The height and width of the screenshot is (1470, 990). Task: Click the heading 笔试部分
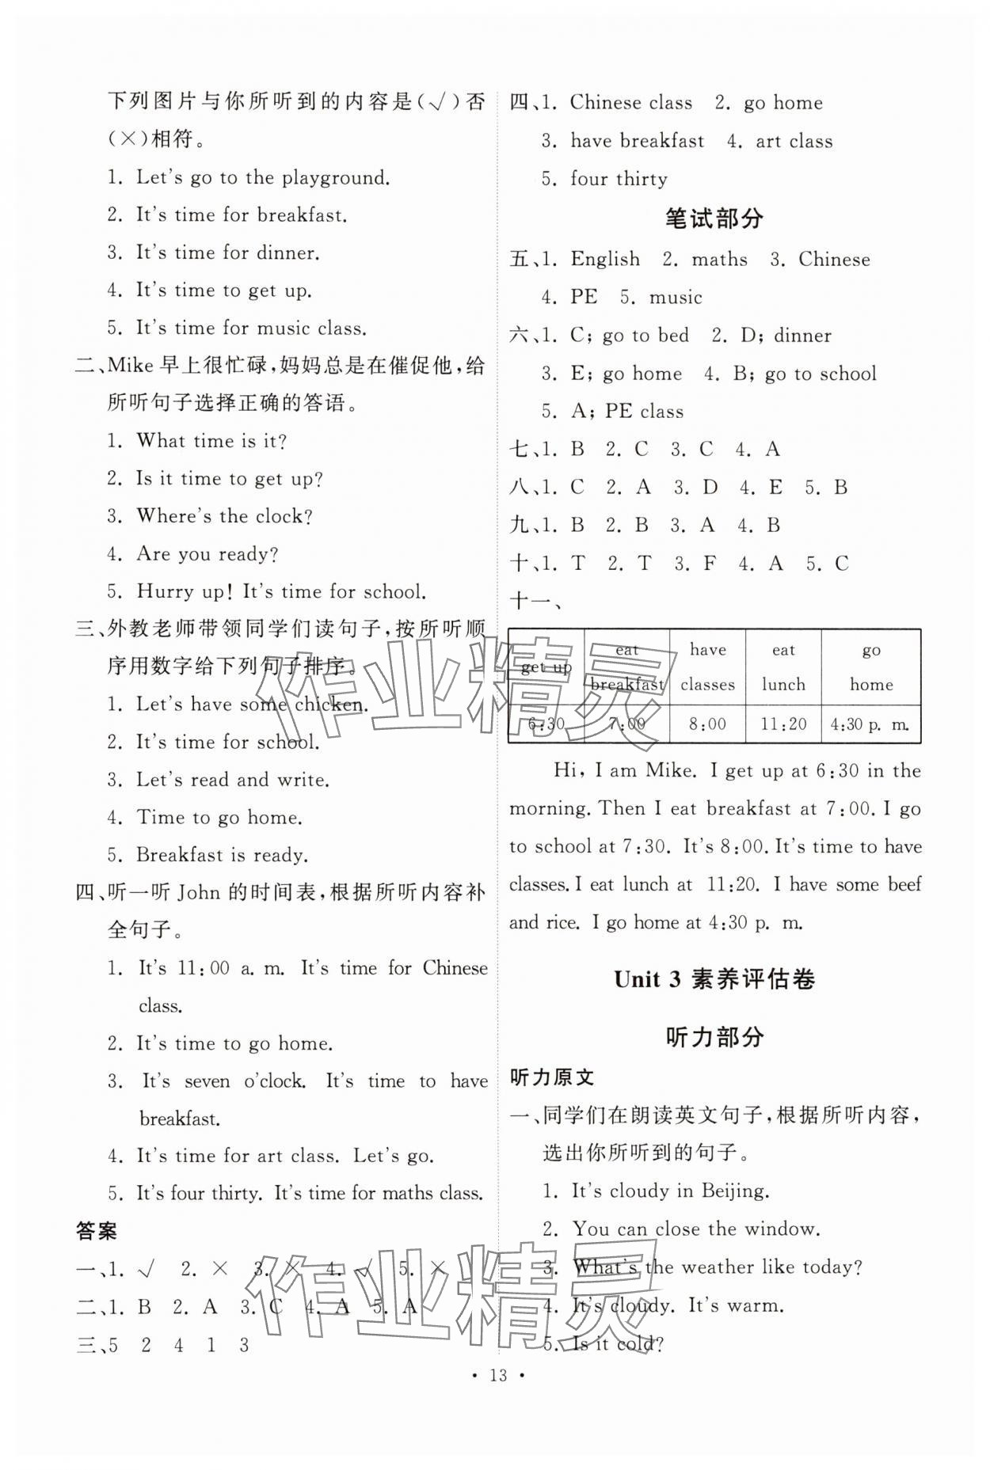[x=714, y=218]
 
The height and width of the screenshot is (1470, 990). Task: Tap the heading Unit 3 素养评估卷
[x=714, y=980]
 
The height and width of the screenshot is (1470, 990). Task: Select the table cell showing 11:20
[x=782, y=724]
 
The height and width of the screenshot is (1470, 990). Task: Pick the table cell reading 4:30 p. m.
[x=870, y=724]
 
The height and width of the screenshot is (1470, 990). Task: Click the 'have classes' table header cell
[x=707, y=667]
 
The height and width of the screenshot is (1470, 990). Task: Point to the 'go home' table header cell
[x=870, y=667]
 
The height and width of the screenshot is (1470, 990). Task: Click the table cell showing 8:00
[x=707, y=724]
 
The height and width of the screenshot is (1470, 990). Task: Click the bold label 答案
[x=97, y=1230]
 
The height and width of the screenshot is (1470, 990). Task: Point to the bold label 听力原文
[x=552, y=1077]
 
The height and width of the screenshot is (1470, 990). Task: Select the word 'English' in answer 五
[x=605, y=260]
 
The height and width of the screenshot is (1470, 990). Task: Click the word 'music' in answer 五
[x=676, y=298]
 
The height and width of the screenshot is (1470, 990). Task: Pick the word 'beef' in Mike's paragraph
[x=904, y=884]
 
